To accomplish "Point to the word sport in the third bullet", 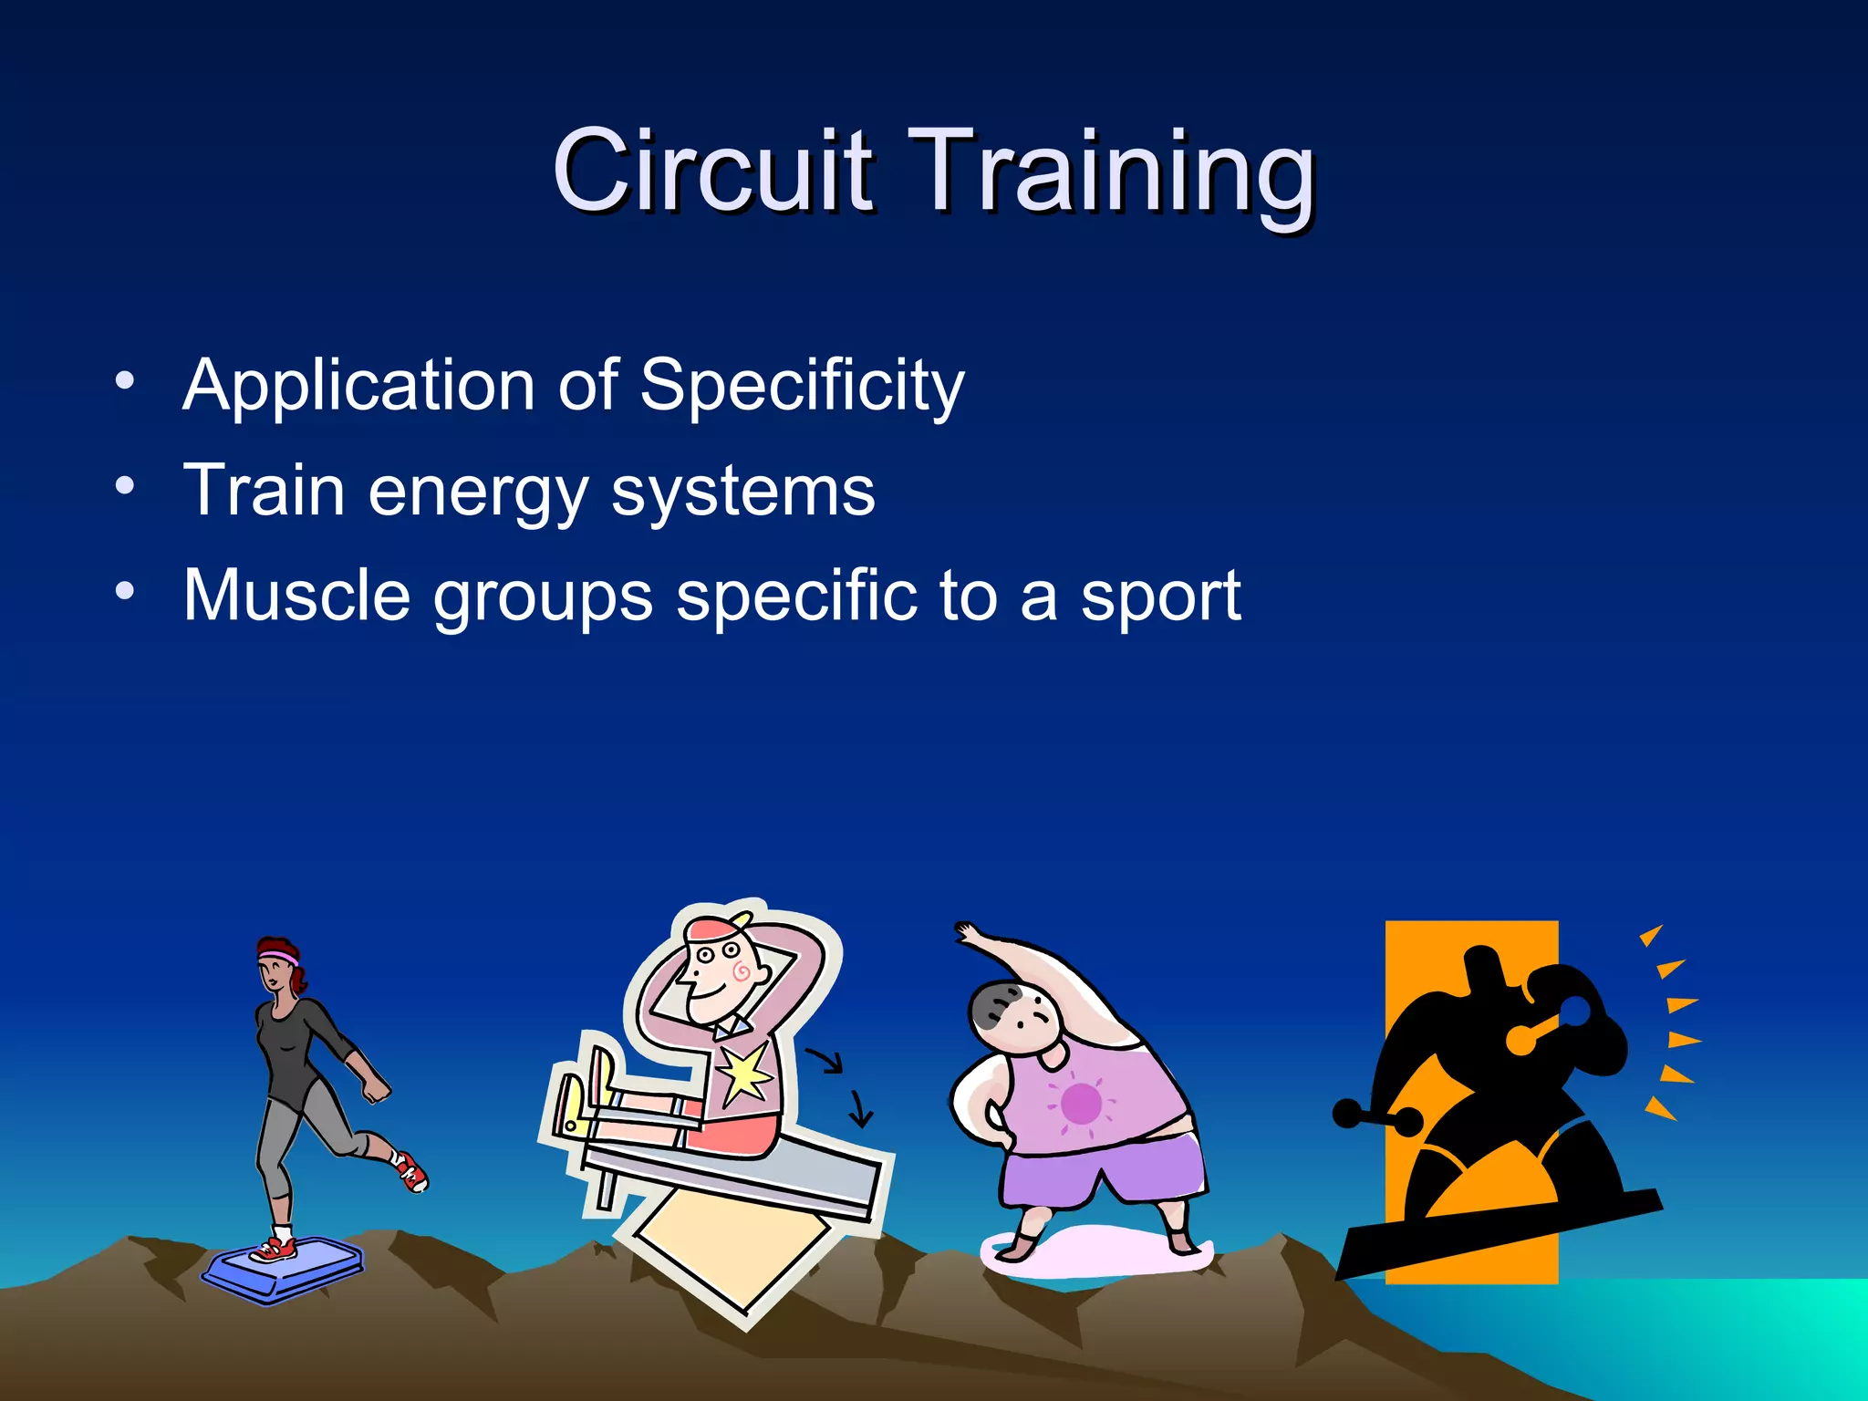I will [1159, 597].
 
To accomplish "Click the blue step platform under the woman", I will [283, 1268].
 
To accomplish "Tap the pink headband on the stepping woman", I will [277, 957].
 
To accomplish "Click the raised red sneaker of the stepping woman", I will [410, 1171].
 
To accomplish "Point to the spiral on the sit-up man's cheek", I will [742, 971].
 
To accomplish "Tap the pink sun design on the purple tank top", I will [1081, 1104].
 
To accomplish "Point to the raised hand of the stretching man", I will [967, 933].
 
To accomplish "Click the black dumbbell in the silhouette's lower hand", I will [1377, 1116].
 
